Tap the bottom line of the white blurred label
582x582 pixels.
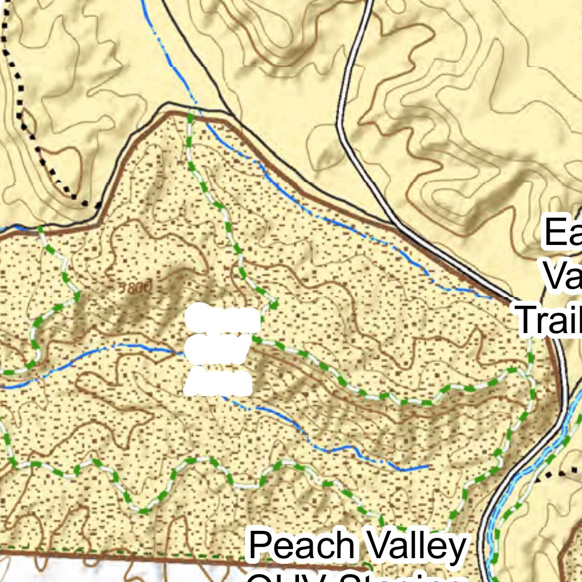[218, 383]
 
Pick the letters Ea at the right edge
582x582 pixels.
[563, 233]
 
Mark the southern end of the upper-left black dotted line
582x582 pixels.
[85, 203]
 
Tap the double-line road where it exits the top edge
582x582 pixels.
[369, 3]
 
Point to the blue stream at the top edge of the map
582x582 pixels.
[143, 3]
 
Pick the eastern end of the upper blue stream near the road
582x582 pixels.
[490, 296]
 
